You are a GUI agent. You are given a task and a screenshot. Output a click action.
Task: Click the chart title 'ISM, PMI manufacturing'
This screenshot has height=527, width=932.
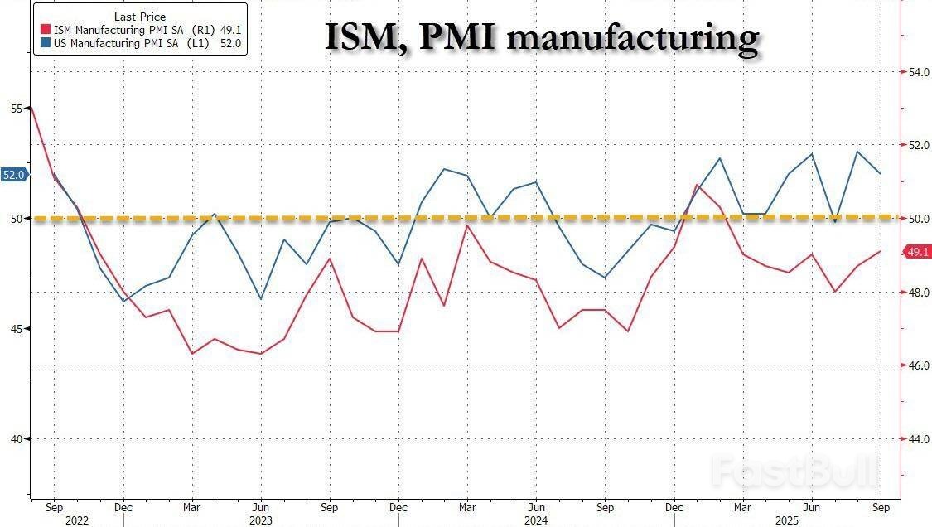(542, 38)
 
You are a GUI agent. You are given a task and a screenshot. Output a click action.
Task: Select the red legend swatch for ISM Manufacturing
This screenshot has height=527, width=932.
(44, 29)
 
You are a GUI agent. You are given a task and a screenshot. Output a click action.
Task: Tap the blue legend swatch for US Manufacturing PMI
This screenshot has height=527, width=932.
(44, 42)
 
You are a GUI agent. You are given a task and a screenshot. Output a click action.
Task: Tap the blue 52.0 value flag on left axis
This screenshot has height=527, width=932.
(14, 175)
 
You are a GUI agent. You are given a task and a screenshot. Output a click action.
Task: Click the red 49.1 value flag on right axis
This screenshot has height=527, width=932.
(918, 252)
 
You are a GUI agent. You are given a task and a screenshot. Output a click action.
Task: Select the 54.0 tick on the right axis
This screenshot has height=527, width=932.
(919, 73)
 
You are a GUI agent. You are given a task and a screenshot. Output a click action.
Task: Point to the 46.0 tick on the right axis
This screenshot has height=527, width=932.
(919, 365)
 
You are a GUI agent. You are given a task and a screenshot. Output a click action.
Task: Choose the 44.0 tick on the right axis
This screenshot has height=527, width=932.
(919, 439)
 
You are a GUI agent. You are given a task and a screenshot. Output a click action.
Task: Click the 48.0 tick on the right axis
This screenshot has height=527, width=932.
(919, 293)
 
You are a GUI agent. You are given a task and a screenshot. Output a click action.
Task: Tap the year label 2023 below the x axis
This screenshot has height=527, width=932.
(260, 520)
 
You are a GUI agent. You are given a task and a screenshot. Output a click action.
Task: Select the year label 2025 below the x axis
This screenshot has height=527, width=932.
(812, 520)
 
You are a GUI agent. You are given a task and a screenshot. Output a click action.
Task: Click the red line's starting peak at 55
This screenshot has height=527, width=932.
(31, 108)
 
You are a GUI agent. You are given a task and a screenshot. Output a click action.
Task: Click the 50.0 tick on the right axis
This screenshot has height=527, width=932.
(919, 220)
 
